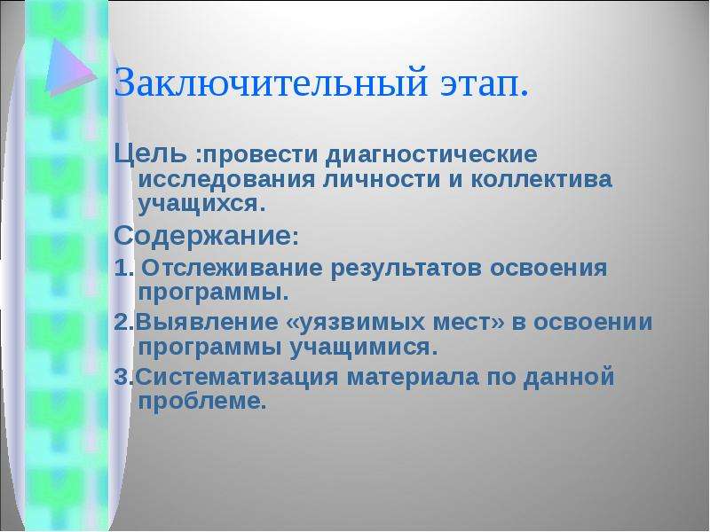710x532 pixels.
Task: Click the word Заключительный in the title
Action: click(x=271, y=82)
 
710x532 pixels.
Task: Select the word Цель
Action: click(x=150, y=154)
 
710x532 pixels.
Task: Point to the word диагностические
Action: click(x=431, y=154)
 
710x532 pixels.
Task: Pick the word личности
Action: click(x=382, y=180)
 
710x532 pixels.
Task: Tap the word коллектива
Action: click(x=541, y=180)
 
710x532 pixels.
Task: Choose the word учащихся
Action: click(x=197, y=205)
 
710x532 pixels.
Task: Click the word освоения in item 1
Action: click(x=548, y=269)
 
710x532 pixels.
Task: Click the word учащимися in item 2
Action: click(x=360, y=348)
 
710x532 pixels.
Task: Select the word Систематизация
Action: click(x=236, y=378)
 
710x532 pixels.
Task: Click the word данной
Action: click(x=569, y=378)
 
